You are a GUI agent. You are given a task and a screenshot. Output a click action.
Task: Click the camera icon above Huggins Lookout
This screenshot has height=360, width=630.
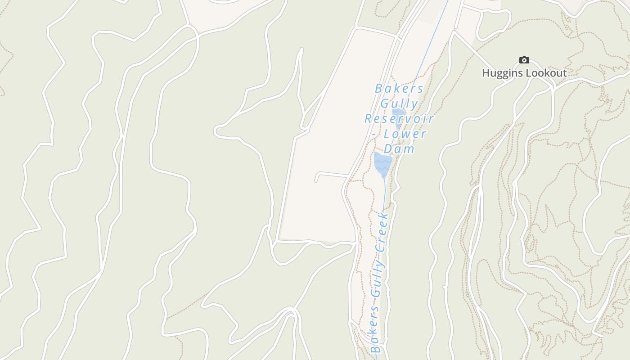(524, 60)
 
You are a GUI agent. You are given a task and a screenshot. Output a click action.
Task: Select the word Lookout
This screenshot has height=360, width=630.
(546, 73)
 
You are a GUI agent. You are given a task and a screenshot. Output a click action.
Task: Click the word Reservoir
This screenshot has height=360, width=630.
(399, 119)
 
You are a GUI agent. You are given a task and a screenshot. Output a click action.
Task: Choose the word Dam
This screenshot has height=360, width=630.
(399, 149)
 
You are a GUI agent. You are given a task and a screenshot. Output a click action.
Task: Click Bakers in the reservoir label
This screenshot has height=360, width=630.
(399, 88)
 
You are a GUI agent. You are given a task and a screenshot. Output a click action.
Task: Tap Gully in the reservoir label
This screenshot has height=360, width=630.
(399, 103)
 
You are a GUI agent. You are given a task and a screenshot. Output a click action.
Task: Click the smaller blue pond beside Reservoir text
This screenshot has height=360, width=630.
(398, 113)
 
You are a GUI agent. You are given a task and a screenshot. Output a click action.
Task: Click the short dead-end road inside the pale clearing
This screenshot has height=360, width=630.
(331, 174)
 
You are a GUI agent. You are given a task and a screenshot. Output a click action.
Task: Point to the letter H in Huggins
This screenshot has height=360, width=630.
(486, 73)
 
